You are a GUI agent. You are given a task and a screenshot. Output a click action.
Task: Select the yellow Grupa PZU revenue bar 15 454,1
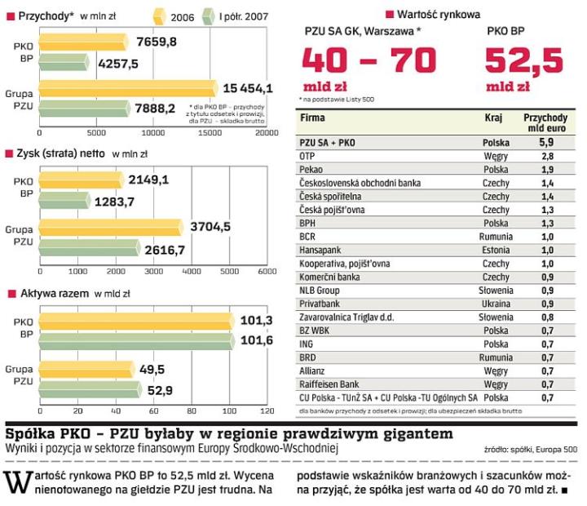(x=126, y=87)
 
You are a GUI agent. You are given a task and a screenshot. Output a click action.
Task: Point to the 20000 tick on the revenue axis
(x=265, y=131)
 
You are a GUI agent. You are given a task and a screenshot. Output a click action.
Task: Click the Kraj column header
(x=494, y=118)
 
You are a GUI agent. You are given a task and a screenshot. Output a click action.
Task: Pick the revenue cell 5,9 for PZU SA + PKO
(x=546, y=142)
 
